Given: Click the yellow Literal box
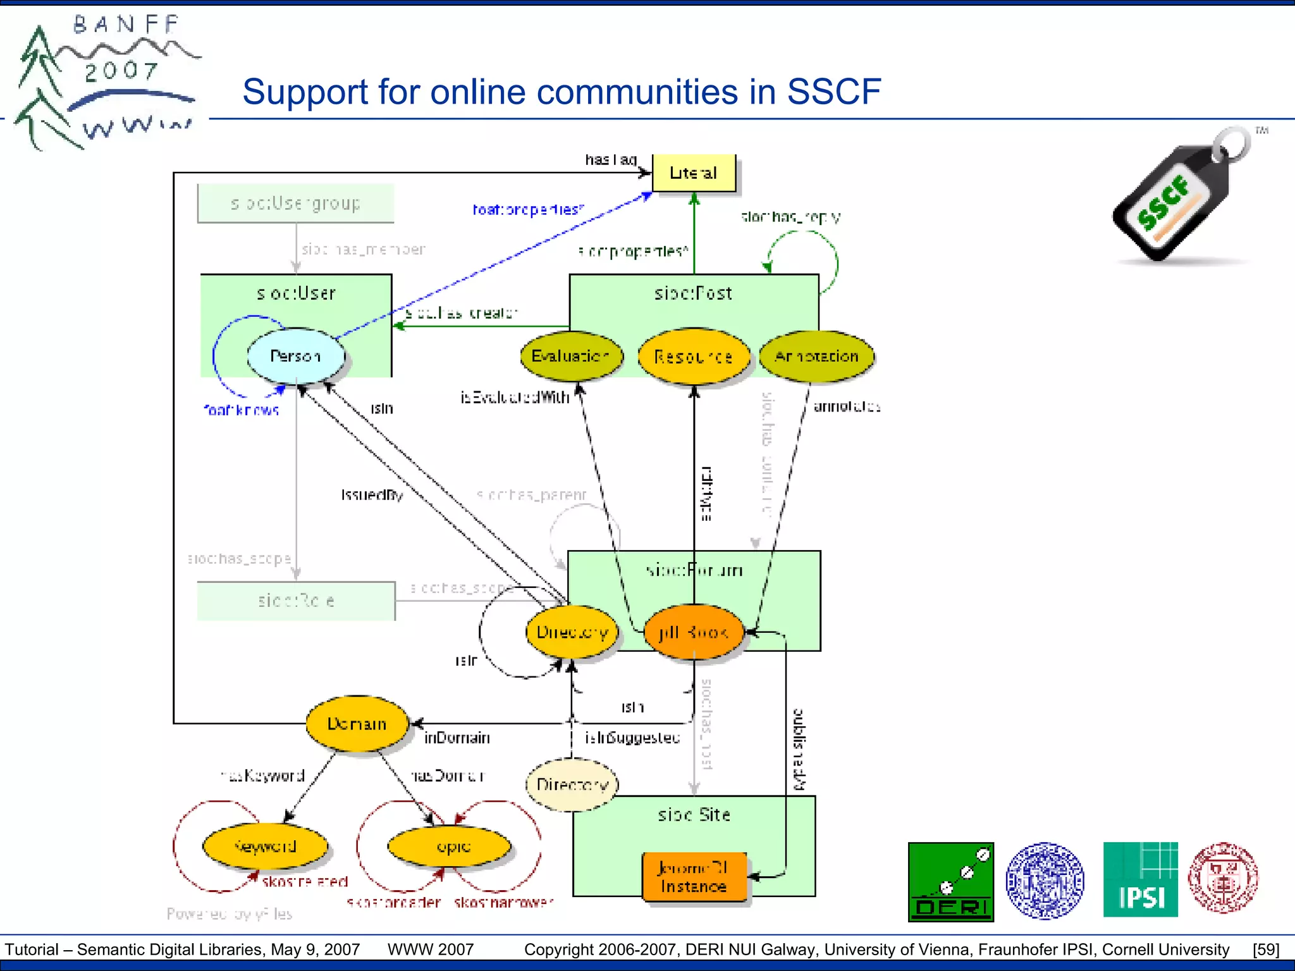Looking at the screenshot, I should (x=694, y=173).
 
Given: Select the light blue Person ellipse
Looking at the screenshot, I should (x=296, y=356).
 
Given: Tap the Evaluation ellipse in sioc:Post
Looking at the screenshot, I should (x=570, y=356).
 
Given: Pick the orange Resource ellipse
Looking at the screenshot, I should (x=694, y=357).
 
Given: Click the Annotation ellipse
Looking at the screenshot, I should (x=816, y=357).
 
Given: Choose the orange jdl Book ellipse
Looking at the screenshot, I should (x=694, y=632).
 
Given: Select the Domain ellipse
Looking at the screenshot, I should (x=357, y=724).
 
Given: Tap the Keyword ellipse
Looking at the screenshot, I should (x=265, y=846).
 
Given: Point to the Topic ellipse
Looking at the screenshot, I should (x=450, y=846).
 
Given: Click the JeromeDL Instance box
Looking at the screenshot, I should (x=694, y=877).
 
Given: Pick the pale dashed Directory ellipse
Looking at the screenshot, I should (x=572, y=785).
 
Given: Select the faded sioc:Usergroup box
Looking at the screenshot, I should (x=295, y=203).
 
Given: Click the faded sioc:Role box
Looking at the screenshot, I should (x=295, y=601).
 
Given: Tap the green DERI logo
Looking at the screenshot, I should (x=950, y=881).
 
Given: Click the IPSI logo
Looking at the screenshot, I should (x=1140, y=879).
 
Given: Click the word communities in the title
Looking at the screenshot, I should (x=584, y=92).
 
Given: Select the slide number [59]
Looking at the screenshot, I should (x=1266, y=950).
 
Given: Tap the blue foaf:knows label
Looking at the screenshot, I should (x=241, y=410).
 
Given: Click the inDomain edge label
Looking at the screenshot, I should (x=457, y=738).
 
